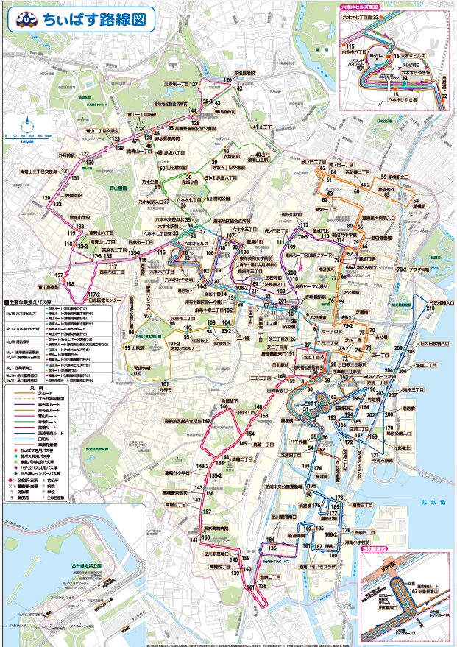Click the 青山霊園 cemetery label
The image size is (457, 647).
[116, 188]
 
